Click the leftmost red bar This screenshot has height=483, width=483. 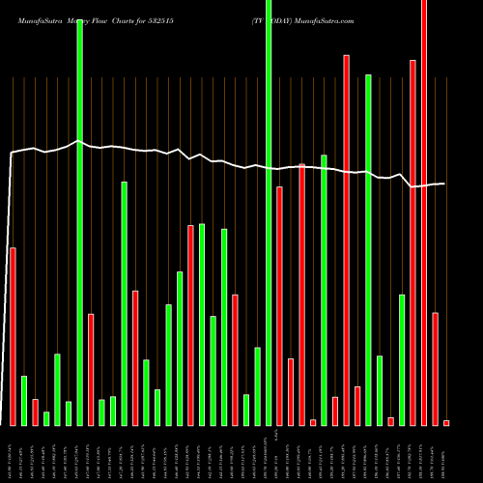tap(13, 336)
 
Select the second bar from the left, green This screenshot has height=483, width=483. tap(24, 400)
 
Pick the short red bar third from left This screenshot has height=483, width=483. tap(36, 412)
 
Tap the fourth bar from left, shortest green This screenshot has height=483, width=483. tap(46, 418)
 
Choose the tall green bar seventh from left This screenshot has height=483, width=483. tap(80, 222)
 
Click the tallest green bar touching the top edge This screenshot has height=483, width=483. tap(269, 213)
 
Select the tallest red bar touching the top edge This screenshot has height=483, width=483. tap(424, 213)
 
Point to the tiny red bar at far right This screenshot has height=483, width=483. tap(446, 422)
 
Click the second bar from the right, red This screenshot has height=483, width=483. tap(436, 369)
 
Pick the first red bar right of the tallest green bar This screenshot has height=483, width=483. tap(280, 305)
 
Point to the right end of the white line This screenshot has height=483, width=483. tap(444, 184)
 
